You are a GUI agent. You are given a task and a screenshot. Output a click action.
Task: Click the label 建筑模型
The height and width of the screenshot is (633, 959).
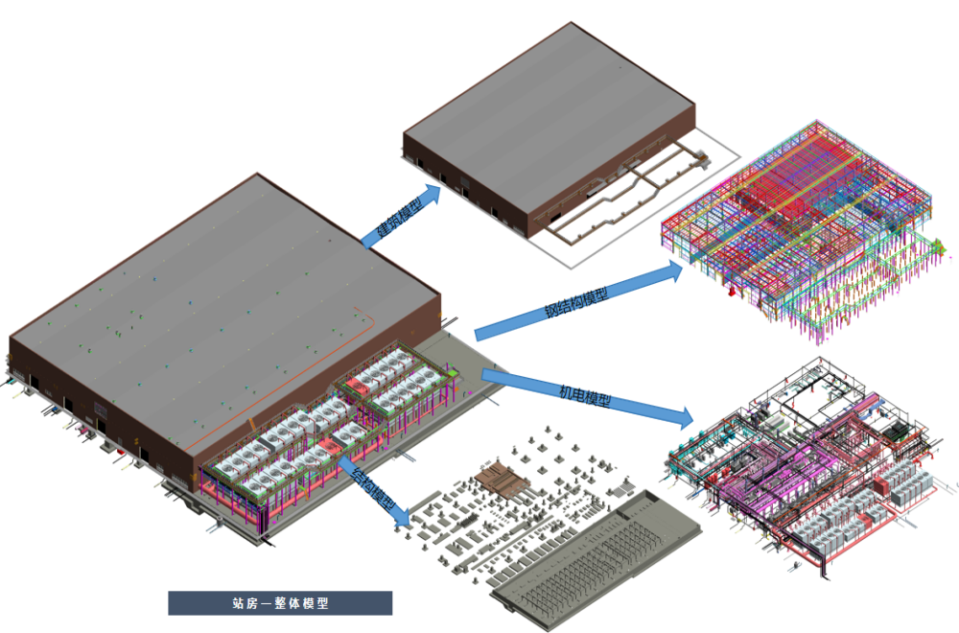[x=394, y=222]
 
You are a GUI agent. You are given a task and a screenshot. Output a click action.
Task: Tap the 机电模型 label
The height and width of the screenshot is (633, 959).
[x=585, y=392]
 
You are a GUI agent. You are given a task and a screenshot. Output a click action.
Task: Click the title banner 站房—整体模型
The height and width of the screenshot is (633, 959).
[x=280, y=603]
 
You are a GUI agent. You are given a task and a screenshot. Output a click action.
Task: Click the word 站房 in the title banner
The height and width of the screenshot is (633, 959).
[x=244, y=603]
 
